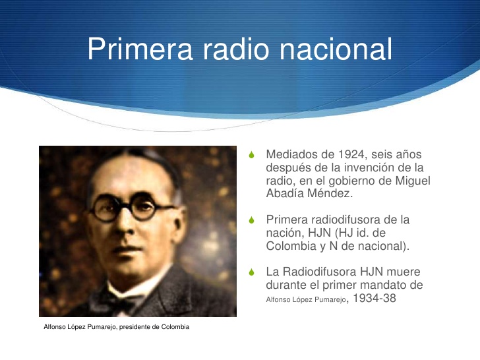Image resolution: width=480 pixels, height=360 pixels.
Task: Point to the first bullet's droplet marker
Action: (251, 156)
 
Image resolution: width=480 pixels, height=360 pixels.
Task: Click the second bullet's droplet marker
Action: (251, 221)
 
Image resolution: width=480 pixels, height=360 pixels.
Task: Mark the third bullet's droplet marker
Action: (251, 272)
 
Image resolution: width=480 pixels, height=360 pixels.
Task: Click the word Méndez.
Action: (328, 194)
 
